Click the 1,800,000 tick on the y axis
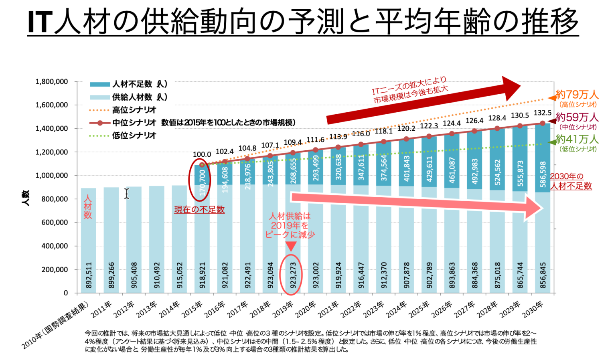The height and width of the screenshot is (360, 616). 52,82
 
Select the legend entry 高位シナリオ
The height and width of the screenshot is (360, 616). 134,110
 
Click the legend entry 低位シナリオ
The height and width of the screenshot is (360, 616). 134,136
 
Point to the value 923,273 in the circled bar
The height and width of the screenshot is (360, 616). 293,275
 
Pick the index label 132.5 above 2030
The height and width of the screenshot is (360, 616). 543,113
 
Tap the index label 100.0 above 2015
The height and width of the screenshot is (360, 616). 202,154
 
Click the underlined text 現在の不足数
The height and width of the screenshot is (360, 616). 199,210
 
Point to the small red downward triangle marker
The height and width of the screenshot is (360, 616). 291,246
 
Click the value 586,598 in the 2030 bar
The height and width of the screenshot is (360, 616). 543,174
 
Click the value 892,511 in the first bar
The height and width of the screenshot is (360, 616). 89,275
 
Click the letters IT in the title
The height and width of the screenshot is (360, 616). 40,22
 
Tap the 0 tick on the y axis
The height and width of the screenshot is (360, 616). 66,293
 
